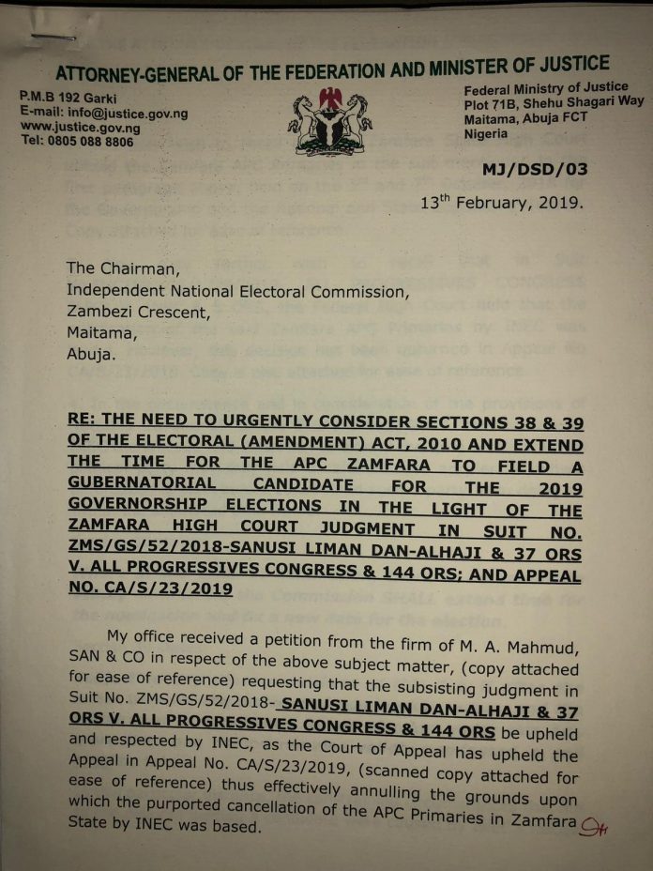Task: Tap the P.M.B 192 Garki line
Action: (x=64, y=97)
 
